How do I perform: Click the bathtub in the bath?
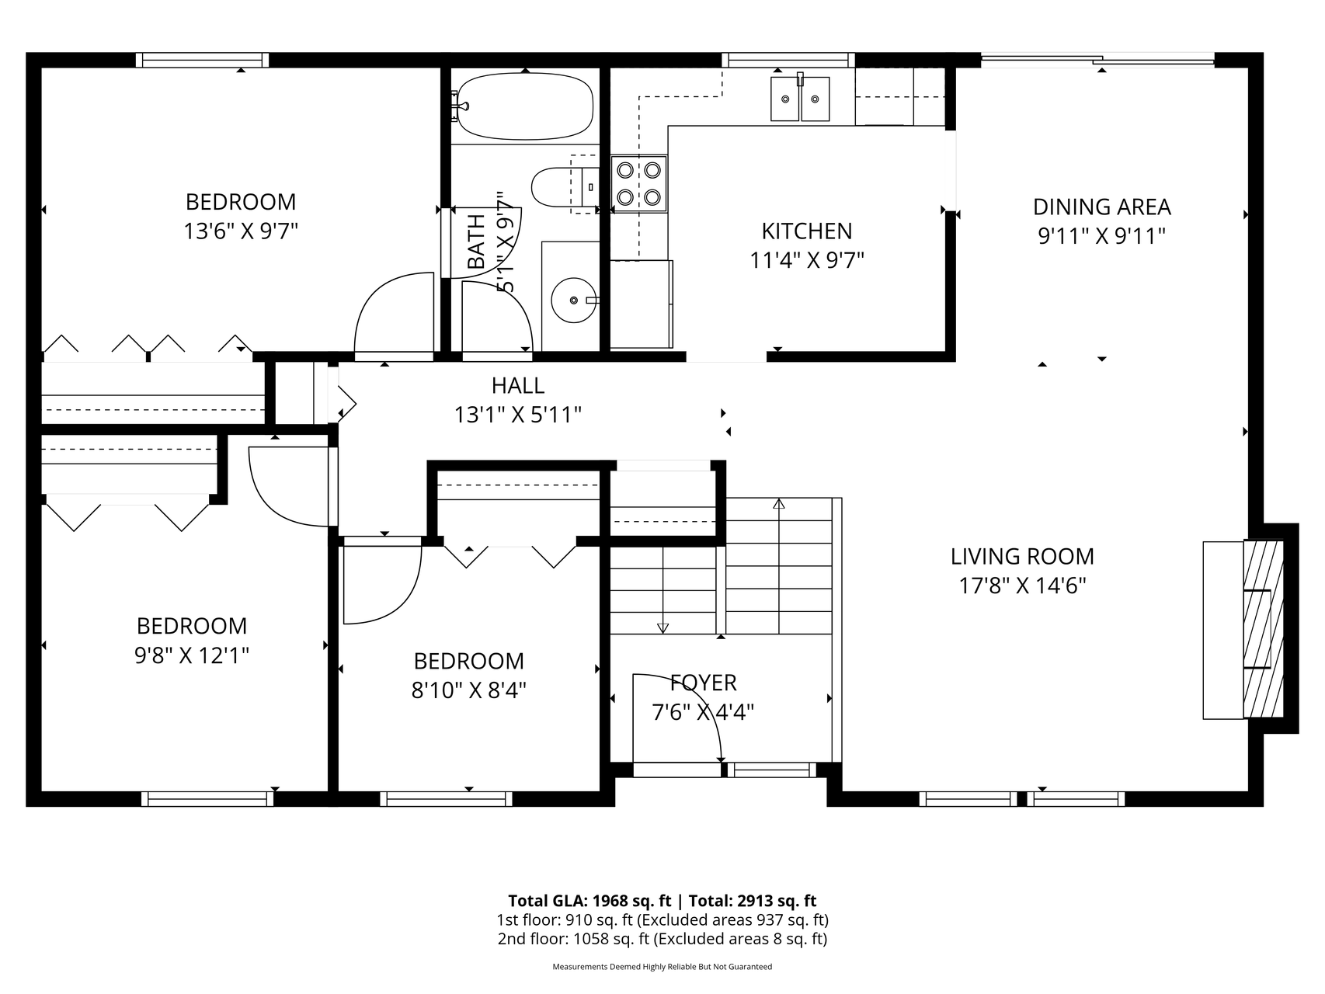pyautogui.click(x=526, y=106)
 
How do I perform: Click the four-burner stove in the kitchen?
pyautogui.click(x=638, y=183)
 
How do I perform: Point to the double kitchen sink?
pyautogui.click(x=800, y=99)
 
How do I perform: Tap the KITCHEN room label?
pyautogui.click(x=806, y=231)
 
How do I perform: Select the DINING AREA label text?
pyautogui.click(x=1101, y=207)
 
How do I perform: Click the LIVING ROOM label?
pyautogui.click(x=1022, y=557)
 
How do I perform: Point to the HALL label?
pyautogui.click(x=518, y=385)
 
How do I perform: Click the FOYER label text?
pyautogui.click(x=704, y=683)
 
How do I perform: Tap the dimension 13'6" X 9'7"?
pyautogui.click(x=241, y=231)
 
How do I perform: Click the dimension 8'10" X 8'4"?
pyautogui.click(x=469, y=690)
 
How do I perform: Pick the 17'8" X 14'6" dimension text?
pyautogui.click(x=1022, y=586)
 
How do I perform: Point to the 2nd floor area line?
pyautogui.click(x=662, y=939)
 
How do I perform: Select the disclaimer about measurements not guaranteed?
pyautogui.click(x=662, y=967)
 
